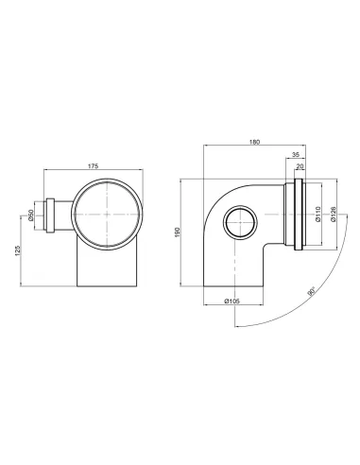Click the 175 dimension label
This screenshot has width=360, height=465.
pyautogui.click(x=94, y=165)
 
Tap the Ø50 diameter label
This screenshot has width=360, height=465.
pyautogui.click(x=31, y=215)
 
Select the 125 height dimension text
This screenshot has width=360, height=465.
pyautogui.click(x=18, y=250)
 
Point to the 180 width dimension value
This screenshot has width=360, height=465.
pyautogui.click(x=255, y=142)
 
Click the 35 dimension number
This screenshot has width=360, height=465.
pyautogui.click(x=296, y=155)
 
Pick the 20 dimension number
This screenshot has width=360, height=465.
pyautogui.click(x=300, y=166)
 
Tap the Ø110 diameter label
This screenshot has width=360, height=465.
pyautogui.click(x=317, y=214)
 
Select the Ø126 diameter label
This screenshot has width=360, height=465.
pyautogui.click(x=334, y=214)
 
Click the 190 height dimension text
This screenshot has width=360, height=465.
pyautogui.click(x=177, y=232)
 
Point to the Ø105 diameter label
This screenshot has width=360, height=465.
pyautogui.click(x=232, y=301)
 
